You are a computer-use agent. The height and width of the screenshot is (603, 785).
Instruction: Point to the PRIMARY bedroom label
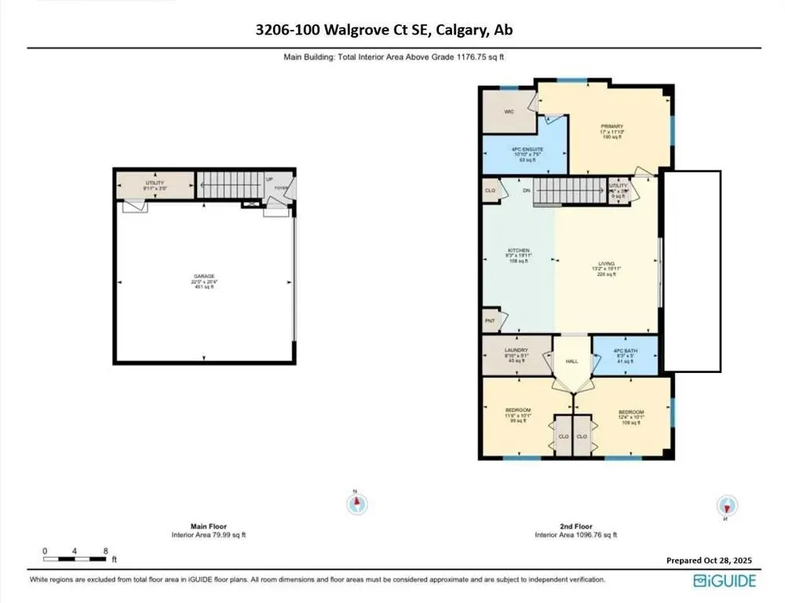[612, 126]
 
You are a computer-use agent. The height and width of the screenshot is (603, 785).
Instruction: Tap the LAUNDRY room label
[516, 350]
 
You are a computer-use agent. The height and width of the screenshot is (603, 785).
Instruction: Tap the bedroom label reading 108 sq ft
[631, 413]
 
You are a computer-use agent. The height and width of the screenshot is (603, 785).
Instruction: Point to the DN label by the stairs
[527, 190]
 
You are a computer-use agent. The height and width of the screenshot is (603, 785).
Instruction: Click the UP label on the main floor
[269, 180]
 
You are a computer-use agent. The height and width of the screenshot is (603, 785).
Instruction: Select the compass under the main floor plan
[357, 502]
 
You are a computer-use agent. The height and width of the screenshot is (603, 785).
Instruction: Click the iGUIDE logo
[725, 580]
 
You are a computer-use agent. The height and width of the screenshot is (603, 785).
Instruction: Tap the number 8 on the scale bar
[105, 551]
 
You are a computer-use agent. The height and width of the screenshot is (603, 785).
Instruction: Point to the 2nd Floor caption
[575, 526]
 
